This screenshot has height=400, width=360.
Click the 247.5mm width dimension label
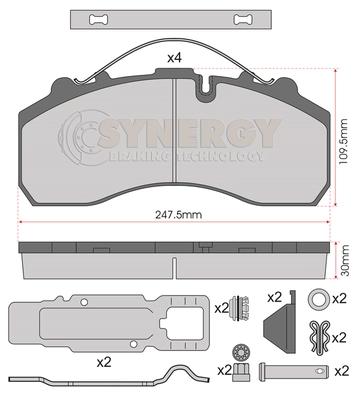pyautogui.click(x=179, y=215)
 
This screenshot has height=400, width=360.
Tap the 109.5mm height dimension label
pyautogui.click(x=342, y=141)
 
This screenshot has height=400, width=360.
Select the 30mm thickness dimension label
pyautogui.click(x=345, y=260)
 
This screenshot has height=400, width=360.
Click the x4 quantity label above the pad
pyautogui.click(x=174, y=58)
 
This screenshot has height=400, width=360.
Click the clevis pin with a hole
pyautogui.click(x=294, y=370)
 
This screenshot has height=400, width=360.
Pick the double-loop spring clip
pyautogui.click(x=320, y=336)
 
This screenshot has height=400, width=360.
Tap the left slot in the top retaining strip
pyautogui.click(x=98, y=19)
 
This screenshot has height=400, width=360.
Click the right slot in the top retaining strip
pyautogui.click(x=243, y=19)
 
